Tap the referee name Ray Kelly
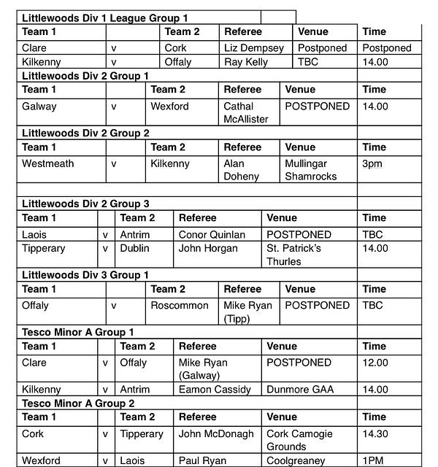248,62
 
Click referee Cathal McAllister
246,112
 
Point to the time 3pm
372,163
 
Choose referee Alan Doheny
241,170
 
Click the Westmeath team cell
48,163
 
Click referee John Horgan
208,248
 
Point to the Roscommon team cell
180,305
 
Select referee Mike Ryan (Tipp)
247,312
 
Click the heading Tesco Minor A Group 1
78,332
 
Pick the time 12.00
375,363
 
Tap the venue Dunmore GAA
300,390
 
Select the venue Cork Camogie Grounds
297,440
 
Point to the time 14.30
375,433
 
